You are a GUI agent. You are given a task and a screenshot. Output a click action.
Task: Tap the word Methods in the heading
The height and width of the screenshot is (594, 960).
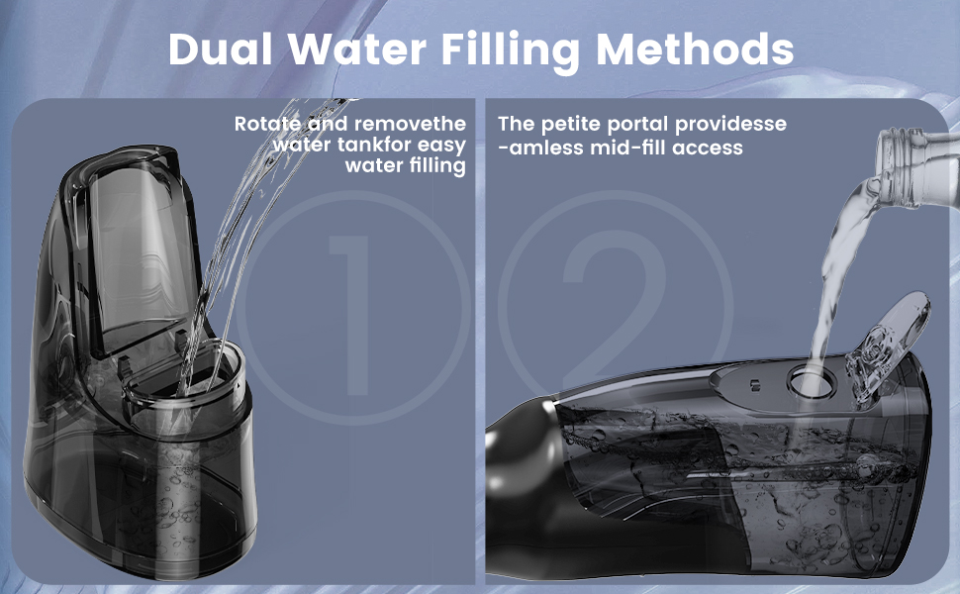point(695,49)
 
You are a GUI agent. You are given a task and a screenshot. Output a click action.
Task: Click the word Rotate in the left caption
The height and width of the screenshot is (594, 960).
point(268,124)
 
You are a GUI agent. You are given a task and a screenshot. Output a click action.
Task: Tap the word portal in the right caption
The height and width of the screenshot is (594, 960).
point(638,125)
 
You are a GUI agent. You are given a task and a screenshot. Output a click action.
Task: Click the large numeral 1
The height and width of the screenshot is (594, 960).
point(353,316)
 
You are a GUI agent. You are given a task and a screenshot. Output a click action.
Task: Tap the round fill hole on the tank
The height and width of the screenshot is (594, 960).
point(812,382)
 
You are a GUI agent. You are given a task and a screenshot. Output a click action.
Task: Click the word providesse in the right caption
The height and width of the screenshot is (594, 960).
point(731,125)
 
